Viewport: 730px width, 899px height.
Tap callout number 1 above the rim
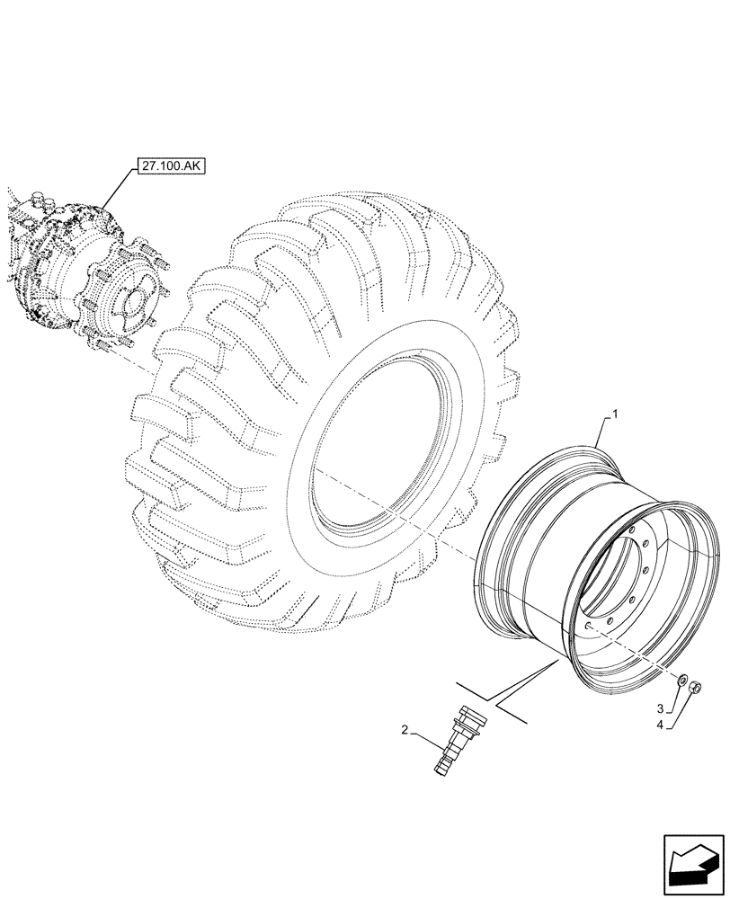tap(615, 414)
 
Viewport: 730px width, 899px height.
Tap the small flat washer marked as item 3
tap(681, 680)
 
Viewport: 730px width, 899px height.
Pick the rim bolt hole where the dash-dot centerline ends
tap(587, 628)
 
